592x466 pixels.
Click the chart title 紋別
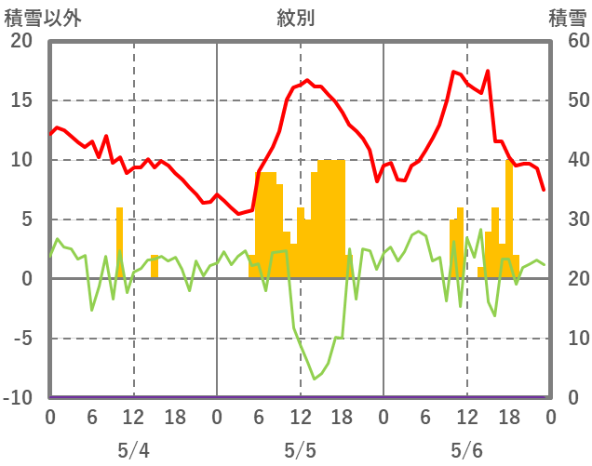(296, 18)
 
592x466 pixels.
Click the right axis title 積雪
(567, 18)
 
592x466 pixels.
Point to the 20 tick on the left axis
(20, 41)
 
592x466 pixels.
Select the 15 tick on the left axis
(20, 100)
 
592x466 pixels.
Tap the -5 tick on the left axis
(20, 339)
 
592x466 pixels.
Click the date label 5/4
(133, 450)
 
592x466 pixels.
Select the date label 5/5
(300, 450)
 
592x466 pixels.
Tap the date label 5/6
(466, 450)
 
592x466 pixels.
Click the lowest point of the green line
(315, 379)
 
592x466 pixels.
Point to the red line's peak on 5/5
(308, 81)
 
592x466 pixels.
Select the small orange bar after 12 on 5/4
(155, 267)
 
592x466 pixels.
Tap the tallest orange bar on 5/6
(509, 220)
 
